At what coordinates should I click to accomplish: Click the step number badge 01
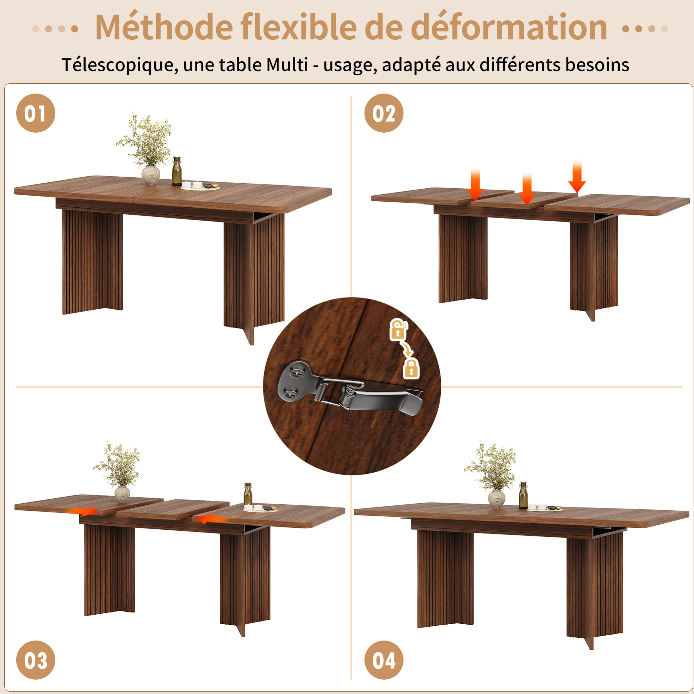coord(36,113)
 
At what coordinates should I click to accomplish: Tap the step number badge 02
coord(384,113)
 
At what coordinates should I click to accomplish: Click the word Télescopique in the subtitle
coord(120,65)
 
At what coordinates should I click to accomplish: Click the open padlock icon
coord(398,329)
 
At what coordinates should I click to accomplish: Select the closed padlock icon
coord(411,368)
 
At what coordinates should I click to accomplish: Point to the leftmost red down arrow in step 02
coord(475,183)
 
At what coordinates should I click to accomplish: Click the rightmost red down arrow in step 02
coord(577,177)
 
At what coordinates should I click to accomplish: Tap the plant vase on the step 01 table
coord(151,176)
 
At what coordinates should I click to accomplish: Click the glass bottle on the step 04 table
coord(523,496)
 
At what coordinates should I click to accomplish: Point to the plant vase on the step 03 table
coord(122,494)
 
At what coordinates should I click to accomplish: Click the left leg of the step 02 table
coord(463,258)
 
